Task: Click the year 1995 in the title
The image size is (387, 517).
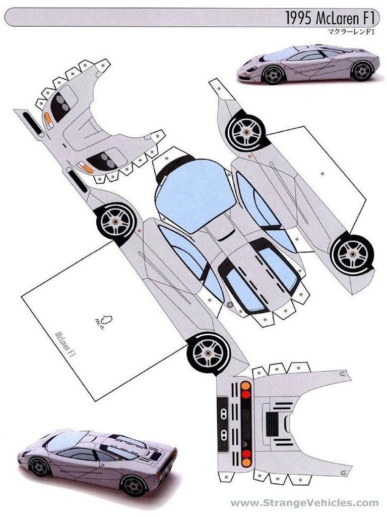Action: point(299,18)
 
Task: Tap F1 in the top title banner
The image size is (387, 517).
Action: point(369,18)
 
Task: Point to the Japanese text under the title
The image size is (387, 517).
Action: point(349,31)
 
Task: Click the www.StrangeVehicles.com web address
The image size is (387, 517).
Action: point(304,503)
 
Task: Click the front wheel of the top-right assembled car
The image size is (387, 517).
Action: point(273,74)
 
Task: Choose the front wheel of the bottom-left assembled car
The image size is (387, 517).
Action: point(39,467)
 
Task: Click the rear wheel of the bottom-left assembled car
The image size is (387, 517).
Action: point(134,485)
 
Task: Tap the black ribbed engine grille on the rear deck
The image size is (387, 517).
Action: point(272,421)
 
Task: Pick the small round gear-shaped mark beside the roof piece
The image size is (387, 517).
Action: point(230,304)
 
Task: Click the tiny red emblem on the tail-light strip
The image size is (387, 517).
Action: point(246,441)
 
